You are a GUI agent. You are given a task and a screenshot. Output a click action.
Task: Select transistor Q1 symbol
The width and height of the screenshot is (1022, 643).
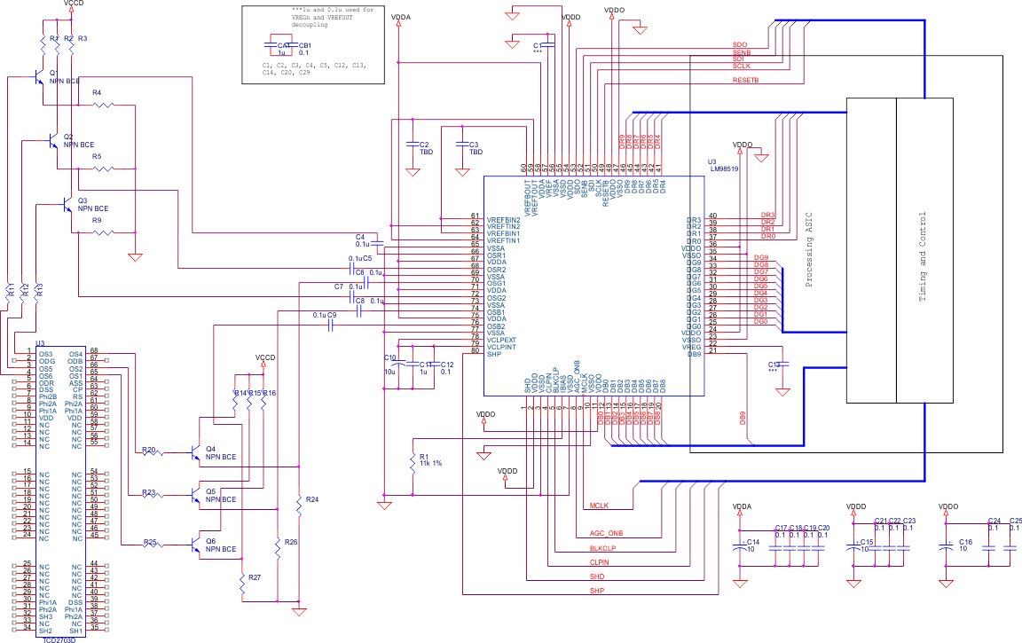[38, 77]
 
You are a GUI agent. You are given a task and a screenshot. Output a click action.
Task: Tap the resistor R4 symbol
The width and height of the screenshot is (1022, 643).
[104, 105]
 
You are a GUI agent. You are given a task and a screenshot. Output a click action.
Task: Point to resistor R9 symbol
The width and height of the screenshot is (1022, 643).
[104, 232]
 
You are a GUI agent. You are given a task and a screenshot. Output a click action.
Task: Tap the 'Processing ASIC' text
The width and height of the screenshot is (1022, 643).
[808, 250]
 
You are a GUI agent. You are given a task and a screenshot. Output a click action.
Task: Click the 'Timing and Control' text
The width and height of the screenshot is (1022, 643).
[923, 257]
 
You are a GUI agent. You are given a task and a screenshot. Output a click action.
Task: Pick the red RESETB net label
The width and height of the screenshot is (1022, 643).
[745, 80]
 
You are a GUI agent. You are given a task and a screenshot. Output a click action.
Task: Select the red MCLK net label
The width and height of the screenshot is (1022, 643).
[599, 506]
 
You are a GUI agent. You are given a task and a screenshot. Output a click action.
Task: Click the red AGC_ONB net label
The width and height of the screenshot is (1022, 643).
[607, 534]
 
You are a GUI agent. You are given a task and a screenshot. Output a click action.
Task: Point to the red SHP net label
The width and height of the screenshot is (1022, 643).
[597, 591]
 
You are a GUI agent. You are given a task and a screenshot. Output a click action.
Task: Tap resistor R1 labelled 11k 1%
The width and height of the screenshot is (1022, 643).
[413, 461]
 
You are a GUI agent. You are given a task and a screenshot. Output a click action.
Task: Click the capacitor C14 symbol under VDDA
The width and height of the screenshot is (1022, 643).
[739, 546]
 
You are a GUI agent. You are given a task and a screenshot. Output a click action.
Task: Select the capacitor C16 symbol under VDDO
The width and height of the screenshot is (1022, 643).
[948, 546]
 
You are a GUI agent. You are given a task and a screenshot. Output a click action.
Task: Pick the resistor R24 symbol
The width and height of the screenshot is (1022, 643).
[299, 505]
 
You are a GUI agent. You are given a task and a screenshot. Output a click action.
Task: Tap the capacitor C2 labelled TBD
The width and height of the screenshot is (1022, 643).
[413, 144]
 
